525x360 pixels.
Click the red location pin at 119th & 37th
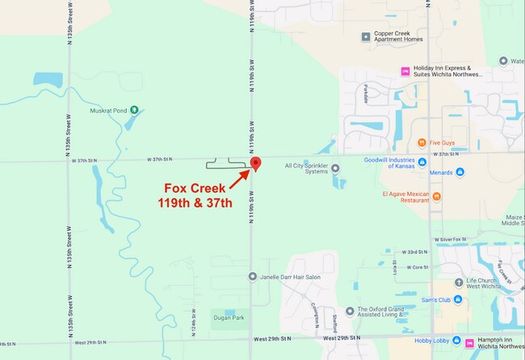(256, 164)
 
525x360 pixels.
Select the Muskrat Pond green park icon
(134, 110)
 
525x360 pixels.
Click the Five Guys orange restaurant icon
(422, 143)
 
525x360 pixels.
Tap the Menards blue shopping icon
(460, 171)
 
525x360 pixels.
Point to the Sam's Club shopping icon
(457, 300)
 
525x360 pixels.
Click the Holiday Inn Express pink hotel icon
(405, 71)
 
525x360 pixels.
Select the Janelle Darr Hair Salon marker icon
(254, 277)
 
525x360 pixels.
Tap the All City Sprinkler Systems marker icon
(336, 167)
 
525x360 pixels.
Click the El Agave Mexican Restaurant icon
(436, 195)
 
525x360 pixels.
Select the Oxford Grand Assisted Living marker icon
(350, 311)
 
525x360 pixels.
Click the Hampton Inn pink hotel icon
(470, 342)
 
